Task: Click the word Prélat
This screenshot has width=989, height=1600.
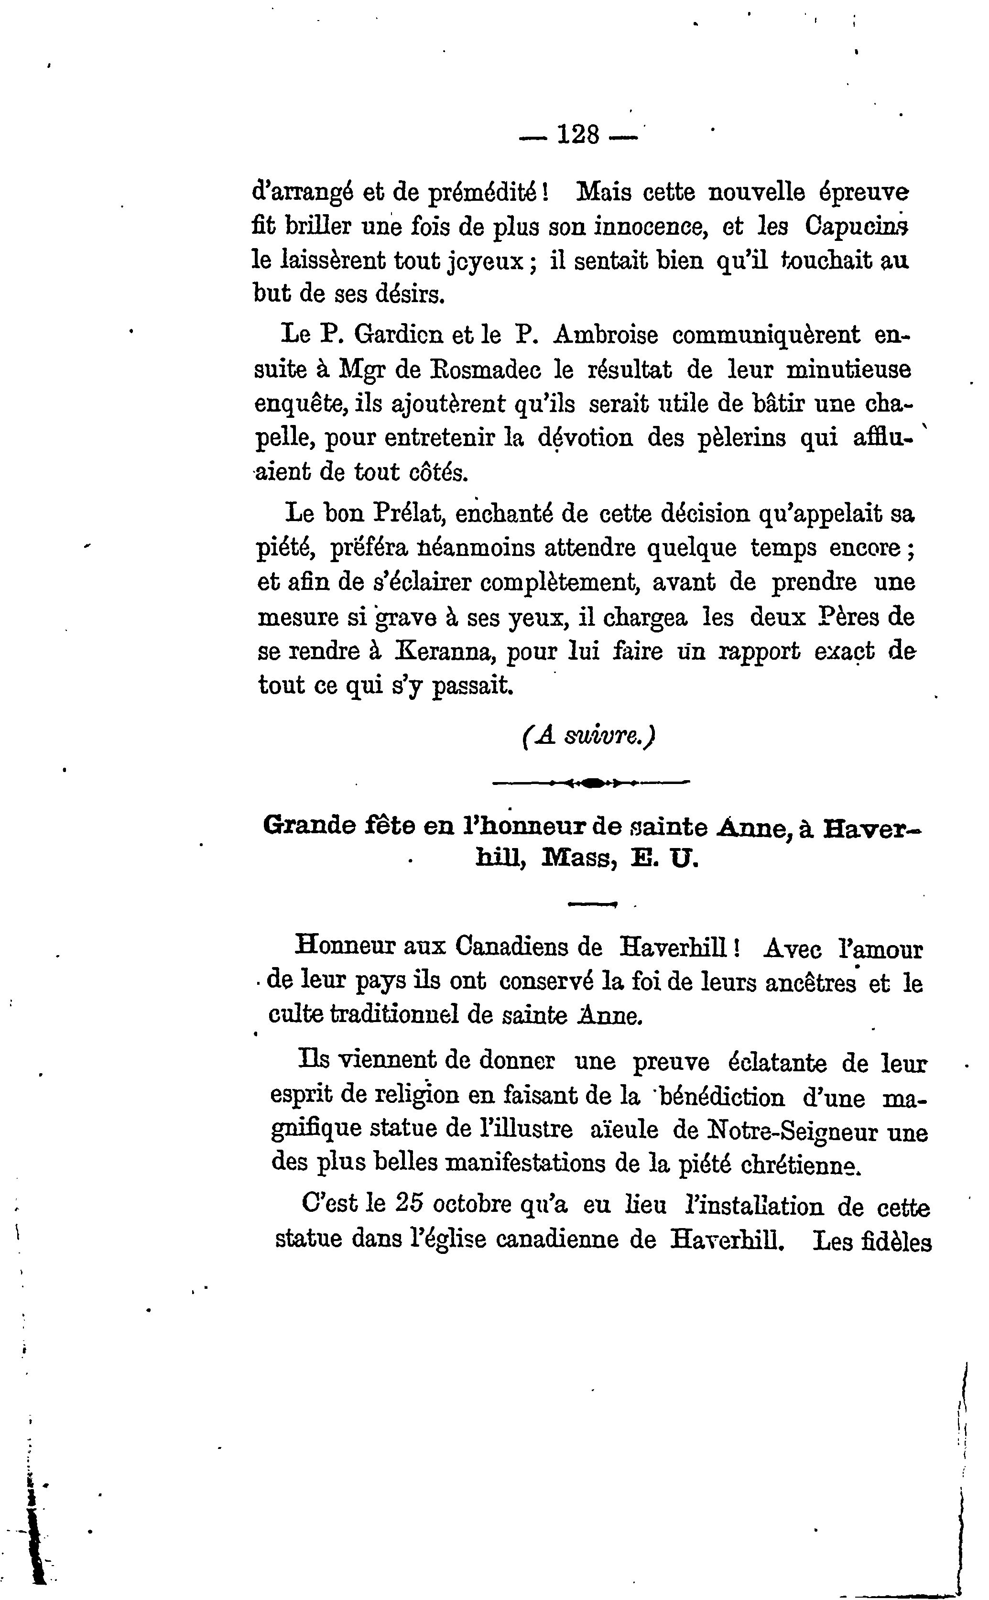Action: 409,513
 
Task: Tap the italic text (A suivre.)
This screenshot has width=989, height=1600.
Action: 589,737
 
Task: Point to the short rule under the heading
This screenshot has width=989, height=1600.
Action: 593,904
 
